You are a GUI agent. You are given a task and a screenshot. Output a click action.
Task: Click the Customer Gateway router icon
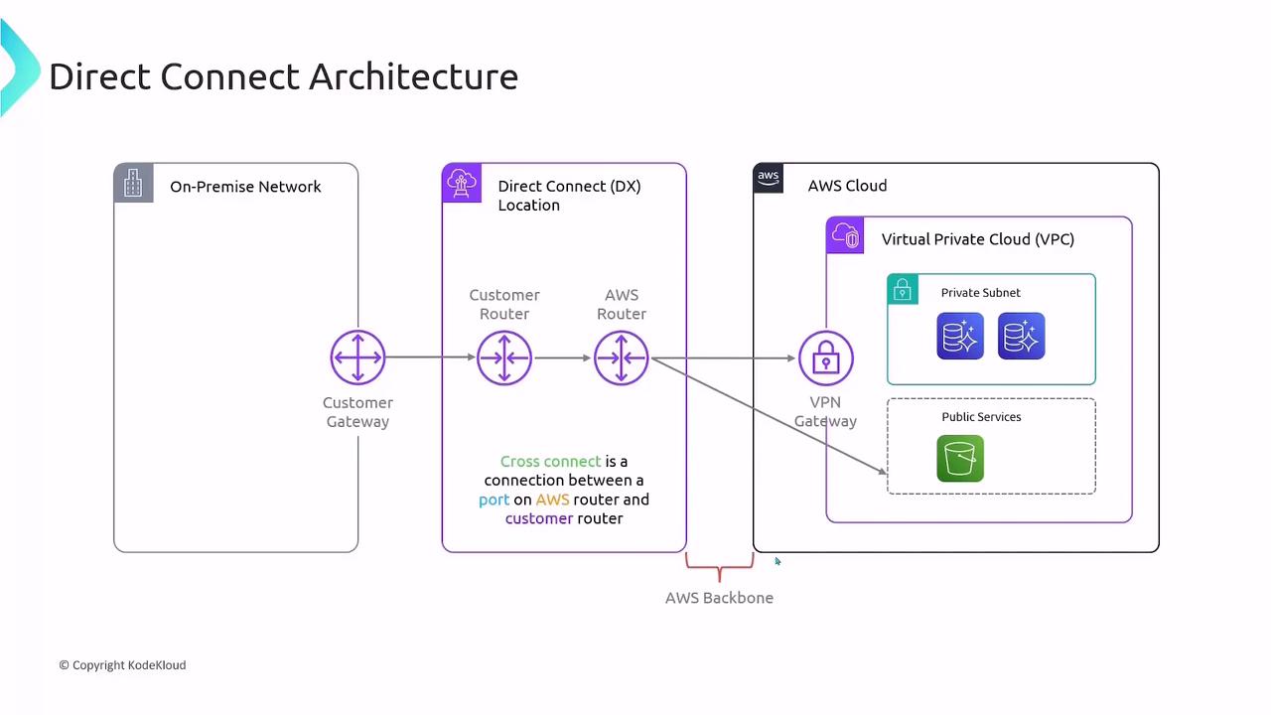point(357,357)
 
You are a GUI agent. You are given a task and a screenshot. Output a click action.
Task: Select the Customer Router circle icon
point(504,357)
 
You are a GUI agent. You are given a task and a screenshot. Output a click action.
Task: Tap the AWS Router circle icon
point(622,357)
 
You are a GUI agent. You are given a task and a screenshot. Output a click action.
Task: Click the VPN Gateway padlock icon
point(825,357)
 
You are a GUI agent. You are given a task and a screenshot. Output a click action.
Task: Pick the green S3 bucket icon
point(960,458)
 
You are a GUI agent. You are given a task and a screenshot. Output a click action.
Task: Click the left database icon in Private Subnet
point(960,336)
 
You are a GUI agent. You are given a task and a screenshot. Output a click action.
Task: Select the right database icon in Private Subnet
point(1021,336)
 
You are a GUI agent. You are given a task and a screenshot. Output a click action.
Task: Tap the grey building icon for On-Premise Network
point(133,183)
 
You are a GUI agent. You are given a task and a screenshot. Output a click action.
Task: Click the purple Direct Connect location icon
point(462,183)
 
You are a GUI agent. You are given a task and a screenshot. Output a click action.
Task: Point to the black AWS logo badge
point(769,178)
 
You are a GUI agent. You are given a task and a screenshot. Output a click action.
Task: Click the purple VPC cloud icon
point(846,235)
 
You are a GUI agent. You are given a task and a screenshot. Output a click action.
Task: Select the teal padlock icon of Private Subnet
point(903,289)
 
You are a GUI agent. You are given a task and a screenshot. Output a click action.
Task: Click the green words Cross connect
point(550,462)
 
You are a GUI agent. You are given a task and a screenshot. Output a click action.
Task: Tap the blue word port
point(494,500)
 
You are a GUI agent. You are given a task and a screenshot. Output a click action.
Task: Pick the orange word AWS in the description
point(552,500)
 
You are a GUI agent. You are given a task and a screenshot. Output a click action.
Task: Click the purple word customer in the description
point(539,518)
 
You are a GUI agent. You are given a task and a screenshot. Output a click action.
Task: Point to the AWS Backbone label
point(719,598)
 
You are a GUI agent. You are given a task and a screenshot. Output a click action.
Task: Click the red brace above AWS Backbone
point(719,569)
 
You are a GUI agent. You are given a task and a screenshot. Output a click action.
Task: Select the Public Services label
point(981,417)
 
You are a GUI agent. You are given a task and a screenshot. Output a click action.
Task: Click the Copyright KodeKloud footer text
point(122,665)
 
